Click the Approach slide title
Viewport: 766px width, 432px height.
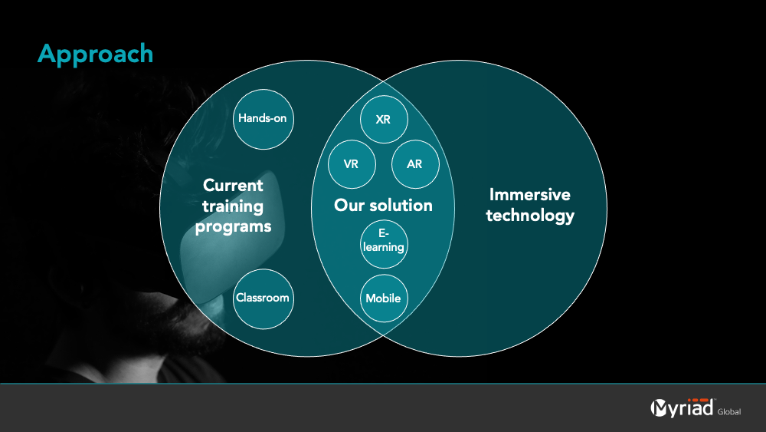point(95,54)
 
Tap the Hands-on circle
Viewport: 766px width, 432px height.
point(264,119)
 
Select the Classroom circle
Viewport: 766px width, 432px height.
point(264,298)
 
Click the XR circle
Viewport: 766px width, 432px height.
point(384,120)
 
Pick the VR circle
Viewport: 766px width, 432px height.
point(352,164)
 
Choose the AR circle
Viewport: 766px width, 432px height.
point(415,164)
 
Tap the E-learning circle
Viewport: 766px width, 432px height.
point(384,244)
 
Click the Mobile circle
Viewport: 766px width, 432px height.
point(384,298)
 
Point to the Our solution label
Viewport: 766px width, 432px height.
point(384,206)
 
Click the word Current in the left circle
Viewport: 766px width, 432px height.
point(233,186)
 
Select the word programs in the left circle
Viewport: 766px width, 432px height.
point(233,227)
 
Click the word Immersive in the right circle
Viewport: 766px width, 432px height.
point(530,195)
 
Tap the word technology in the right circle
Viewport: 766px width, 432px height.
point(530,216)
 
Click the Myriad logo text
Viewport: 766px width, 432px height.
point(682,407)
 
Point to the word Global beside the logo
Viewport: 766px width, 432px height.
point(729,412)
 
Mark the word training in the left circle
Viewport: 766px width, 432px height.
point(233,206)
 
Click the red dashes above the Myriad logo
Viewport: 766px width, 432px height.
point(698,401)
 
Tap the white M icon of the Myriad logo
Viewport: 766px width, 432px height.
point(659,408)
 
